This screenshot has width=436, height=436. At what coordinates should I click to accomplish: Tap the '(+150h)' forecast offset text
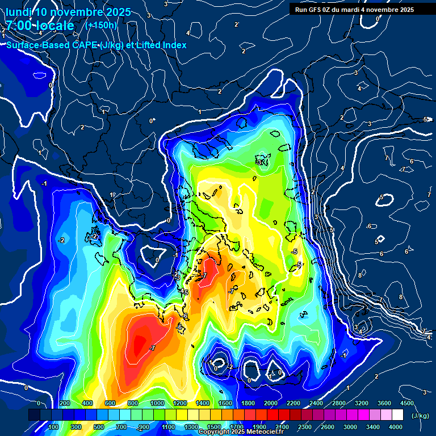click(101, 25)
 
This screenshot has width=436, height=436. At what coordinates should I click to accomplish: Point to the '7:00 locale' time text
click(40, 26)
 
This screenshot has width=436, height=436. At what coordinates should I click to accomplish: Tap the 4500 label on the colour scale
click(407, 403)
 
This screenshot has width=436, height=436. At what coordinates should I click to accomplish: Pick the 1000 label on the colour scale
click(157, 403)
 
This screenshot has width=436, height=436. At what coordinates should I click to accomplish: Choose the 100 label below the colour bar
click(53, 427)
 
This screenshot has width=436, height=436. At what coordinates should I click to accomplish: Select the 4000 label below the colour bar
click(395, 427)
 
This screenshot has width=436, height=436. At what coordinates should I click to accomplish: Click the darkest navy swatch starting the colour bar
click(34, 415)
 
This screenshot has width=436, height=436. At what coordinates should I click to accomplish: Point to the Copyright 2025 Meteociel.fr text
click(241, 432)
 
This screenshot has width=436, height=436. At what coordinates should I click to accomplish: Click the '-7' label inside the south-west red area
click(152, 347)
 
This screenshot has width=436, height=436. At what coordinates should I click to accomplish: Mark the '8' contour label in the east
click(360, 275)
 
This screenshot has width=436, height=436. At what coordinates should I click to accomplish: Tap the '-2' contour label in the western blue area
click(61, 240)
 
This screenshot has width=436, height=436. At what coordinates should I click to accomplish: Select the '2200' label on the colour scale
click(293, 403)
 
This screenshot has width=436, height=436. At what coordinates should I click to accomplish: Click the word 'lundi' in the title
click(18, 12)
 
